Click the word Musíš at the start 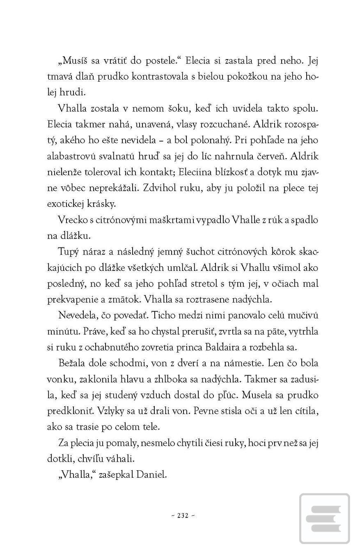pos(75,61)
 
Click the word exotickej pos(67,204)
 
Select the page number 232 pos(183,516)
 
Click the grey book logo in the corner pos(324,519)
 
